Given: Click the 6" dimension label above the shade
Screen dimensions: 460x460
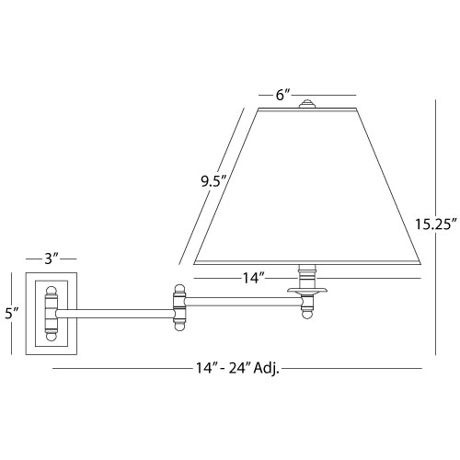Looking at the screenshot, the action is point(282,95).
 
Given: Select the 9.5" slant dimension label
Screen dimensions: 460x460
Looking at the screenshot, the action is point(213,182).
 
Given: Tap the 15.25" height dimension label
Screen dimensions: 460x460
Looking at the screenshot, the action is point(436,224).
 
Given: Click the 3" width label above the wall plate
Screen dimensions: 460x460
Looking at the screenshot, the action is point(52,259).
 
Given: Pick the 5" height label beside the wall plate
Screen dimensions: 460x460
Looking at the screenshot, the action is point(12,314).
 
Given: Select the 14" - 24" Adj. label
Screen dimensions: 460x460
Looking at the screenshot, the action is point(238,368).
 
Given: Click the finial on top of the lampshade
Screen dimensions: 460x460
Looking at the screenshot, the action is point(307,104).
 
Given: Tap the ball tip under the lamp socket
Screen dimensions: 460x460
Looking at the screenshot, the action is point(307,314).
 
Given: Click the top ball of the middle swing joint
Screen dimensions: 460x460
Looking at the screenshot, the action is point(179,289).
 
